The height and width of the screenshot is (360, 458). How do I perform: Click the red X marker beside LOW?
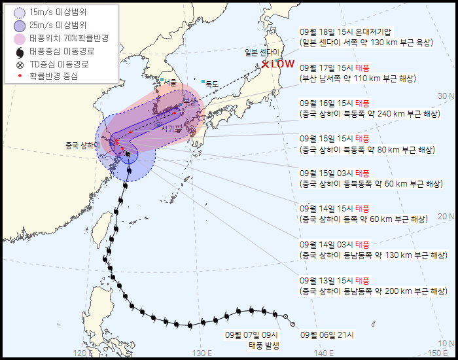point(265,64)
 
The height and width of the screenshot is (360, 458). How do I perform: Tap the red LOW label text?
point(282,64)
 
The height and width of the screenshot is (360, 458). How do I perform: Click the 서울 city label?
point(171,82)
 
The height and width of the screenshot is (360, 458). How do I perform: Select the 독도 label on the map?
point(211,84)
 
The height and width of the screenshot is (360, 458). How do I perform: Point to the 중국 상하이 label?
point(81,145)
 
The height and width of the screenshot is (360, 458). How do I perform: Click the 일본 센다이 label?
point(262,52)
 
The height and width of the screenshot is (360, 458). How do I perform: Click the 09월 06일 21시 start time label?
point(326,334)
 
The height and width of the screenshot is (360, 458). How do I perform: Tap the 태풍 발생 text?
point(263,346)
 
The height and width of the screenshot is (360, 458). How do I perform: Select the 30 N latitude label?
point(446,96)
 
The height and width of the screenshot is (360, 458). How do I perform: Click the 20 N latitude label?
point(446,217)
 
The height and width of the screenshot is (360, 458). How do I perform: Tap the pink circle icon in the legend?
point(20,38)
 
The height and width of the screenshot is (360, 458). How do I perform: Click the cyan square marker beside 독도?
point(203,81)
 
